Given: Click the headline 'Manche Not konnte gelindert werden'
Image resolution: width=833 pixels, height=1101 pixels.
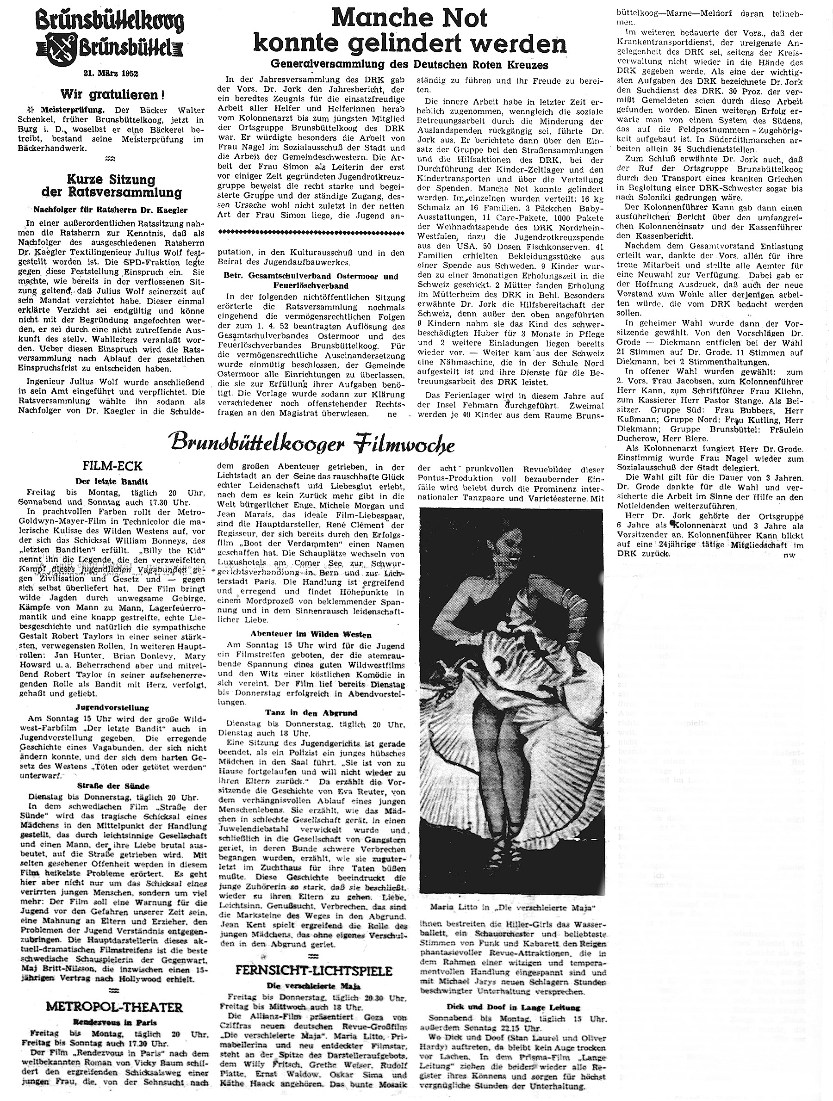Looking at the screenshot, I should [410, 32].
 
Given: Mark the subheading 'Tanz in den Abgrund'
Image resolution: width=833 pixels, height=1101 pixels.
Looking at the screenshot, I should [312, 713].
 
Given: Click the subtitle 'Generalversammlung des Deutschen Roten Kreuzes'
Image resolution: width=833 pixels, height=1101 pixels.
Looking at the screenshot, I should [409, 65].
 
